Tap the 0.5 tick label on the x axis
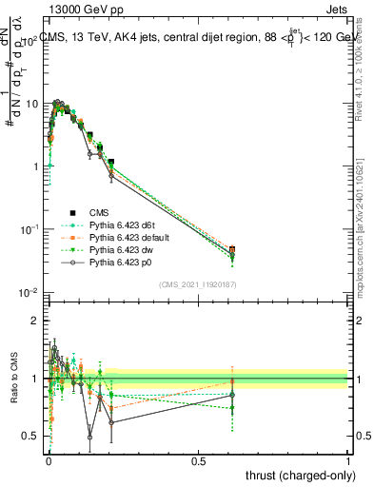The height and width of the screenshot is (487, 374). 199,461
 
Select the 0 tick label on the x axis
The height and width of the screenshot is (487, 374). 49,461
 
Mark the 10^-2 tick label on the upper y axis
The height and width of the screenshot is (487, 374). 29,292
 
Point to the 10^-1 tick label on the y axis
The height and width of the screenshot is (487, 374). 29,229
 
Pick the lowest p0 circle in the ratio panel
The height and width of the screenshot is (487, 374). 90,438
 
